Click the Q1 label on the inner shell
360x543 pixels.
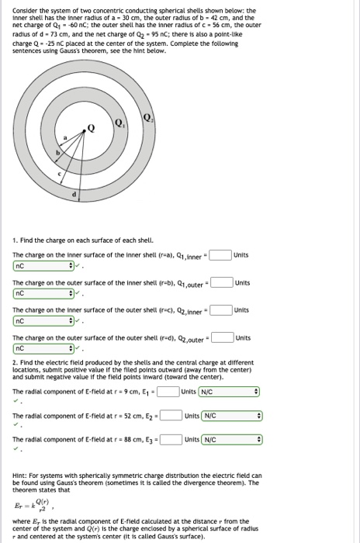pyautogui.click(x=118, y=123)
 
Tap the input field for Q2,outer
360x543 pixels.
pyautogui.click(x=221, y=337)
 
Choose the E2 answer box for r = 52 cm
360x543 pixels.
pyautogui.click(x=171, y=416)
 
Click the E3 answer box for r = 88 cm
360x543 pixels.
pyautogui.click(x=171, y=441)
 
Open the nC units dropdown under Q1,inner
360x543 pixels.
pyautogui.click(x=44, y=265)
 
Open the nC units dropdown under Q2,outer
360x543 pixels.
pyautogui.click(x=44, y=349)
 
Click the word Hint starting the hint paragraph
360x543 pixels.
pyautogui.click(x=21, y=475)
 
